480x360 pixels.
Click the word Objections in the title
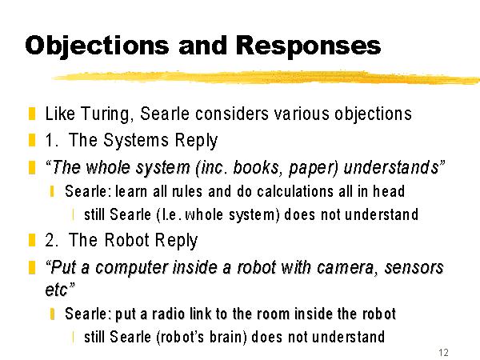(x=97, y=46)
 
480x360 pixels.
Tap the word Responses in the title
(x=308, y=45)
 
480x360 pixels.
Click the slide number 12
(x=443, y=352)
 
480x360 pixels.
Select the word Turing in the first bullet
(x=107, y=114)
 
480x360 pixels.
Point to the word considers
(x=232, y=114)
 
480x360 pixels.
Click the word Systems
(x=136, y=141)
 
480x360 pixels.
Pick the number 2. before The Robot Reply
(x=52, y=240)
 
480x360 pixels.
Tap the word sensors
(x=414, y=267)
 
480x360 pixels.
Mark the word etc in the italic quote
(x=56, y=290)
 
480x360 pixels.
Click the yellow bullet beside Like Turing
(x=32, y=114)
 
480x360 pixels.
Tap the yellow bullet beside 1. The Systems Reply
(x=32, y=140)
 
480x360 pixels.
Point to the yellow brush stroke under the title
(x=265, y=78)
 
